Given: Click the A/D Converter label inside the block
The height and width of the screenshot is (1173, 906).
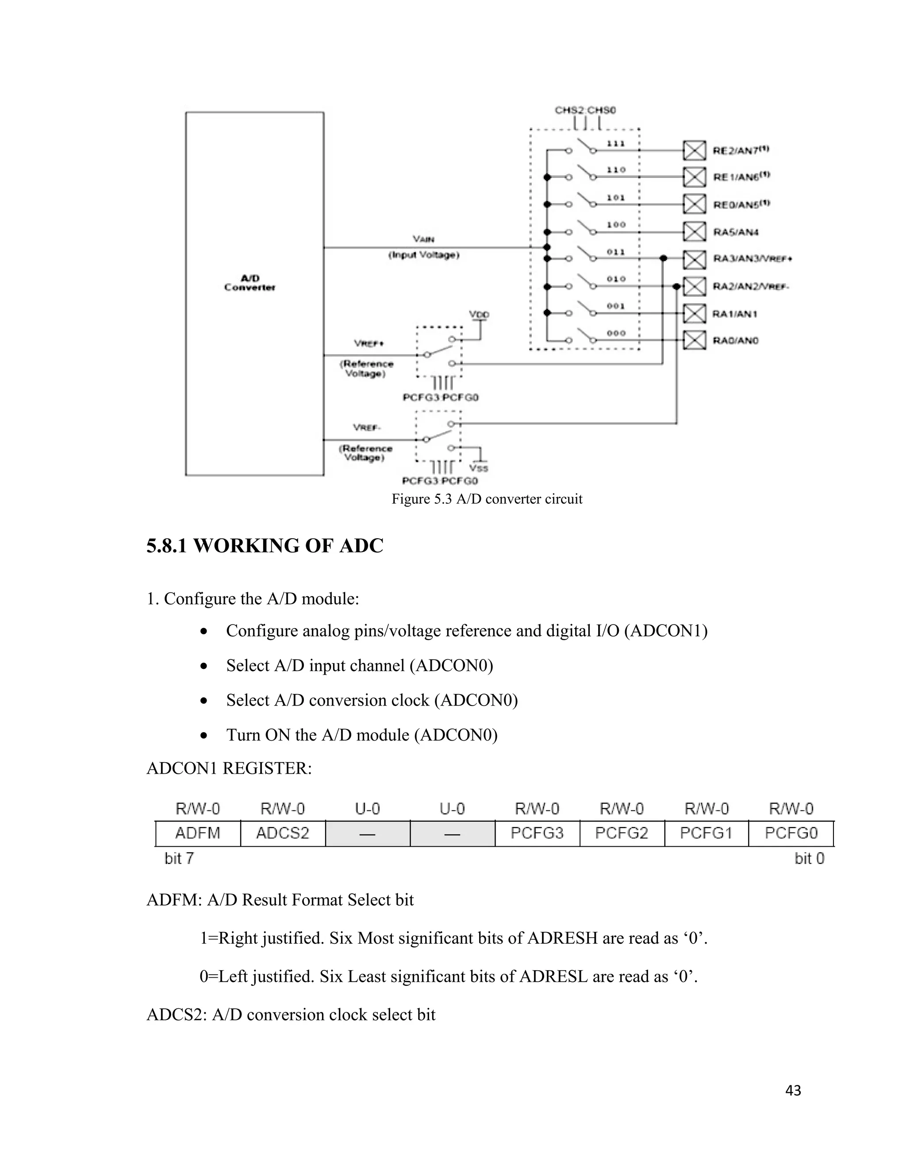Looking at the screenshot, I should tap(250, 282).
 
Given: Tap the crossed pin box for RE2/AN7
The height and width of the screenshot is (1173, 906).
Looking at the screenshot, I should tap(694, 150).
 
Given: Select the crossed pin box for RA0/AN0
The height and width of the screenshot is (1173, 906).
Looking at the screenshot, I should tap(694, 340).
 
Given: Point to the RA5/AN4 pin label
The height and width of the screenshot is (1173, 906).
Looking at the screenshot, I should tap(735, 232).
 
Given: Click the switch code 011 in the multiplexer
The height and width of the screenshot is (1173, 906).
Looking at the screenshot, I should tap(616, 251).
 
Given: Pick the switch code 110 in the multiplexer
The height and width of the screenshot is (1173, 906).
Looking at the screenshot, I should tap(616, 170).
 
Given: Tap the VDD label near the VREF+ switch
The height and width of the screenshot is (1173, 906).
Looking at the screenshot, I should tap(479, 314).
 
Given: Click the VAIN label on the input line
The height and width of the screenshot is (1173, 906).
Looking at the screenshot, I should tap(423, 239).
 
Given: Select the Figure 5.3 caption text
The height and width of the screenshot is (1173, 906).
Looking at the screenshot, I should tap(486, 499).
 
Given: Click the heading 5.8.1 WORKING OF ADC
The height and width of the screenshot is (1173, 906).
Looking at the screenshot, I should tap(265, 546).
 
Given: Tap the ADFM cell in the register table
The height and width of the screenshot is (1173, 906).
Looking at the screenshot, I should tap(197, 833).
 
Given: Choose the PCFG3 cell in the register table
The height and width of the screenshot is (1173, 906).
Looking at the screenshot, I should tap(537, 833).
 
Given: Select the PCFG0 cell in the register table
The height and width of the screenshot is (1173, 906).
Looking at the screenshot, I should tap(791, 833).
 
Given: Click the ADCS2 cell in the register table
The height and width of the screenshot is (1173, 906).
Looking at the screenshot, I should tap(282, 833).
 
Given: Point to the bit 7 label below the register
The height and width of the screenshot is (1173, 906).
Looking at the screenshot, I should tap(179, 858).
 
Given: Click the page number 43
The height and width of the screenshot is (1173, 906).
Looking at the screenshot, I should tap(793, 1090).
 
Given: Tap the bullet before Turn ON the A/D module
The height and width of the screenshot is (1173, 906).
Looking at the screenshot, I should tap(203, 735).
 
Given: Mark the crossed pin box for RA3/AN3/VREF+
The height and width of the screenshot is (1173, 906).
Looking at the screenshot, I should tap(694, 259).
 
